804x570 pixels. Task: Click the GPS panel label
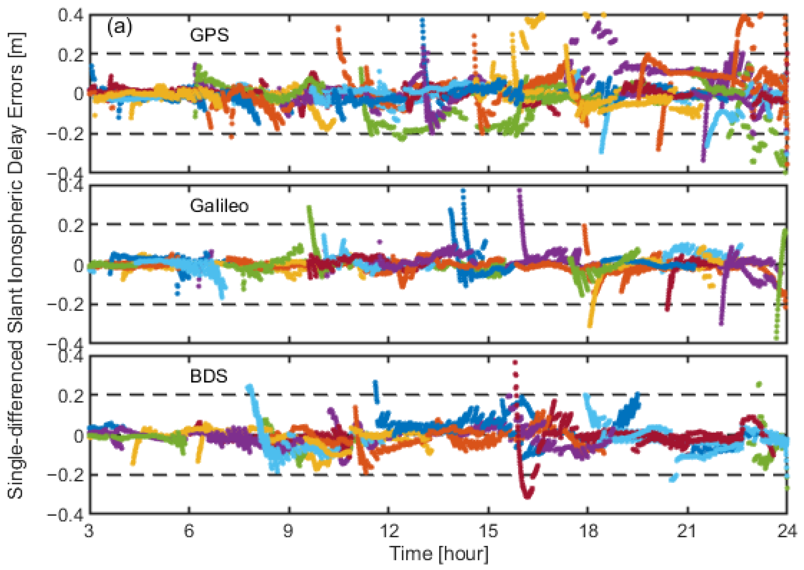click(209, 35)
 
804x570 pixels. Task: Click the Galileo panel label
click(219, 206)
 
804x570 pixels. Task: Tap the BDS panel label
click(209, 376)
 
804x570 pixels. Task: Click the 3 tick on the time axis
click(89, 532)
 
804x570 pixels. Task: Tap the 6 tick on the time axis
click(189, 532)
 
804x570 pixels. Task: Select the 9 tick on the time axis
click(289, 532)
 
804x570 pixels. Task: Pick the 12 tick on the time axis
click(389, 532)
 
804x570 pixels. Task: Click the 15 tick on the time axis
click(488, 532)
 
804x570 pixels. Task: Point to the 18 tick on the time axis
click(588, 532)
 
